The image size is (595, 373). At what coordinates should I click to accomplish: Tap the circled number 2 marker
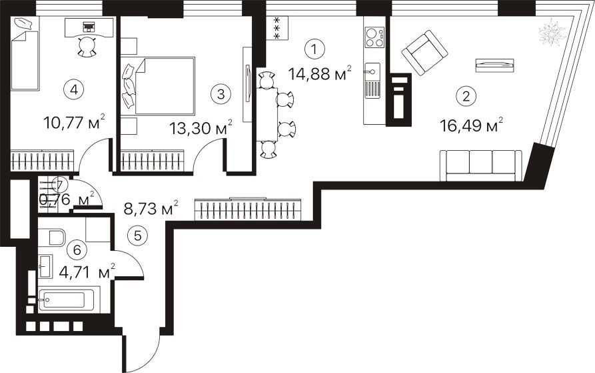coord(466,95)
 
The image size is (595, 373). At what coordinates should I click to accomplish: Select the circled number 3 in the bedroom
coord(221,94)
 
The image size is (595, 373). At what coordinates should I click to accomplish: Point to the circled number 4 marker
coord(74,90)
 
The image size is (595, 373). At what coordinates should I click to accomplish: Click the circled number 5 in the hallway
coord(138,236)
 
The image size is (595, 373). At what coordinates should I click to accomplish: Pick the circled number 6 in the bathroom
coord(77,250)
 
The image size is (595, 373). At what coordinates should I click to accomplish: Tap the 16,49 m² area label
coord(472,125)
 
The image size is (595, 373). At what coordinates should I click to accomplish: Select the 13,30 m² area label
coord(201,128)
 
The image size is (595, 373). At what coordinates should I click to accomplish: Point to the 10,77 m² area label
coord(74,122)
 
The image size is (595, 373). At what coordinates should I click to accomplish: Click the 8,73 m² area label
coord(151,208)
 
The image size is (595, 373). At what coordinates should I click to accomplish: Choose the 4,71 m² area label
coord(88,272)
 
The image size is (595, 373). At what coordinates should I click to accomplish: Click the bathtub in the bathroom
coord(69,300)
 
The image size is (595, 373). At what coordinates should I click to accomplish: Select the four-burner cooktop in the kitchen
coord(374,37)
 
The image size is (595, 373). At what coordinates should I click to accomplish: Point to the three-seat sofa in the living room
coord(481,165)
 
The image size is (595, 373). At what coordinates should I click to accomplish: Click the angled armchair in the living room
coord(424,53)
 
